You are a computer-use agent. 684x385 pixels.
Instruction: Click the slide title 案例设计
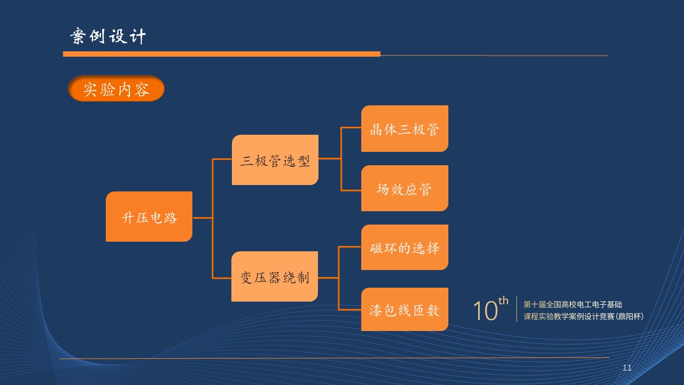[108, 36]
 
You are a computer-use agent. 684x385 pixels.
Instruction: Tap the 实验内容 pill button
[116, 89]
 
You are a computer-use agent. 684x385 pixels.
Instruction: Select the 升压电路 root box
[149, 217]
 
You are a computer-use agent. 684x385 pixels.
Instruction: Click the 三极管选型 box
[275, 160]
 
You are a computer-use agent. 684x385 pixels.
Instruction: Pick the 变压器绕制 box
[275, 276]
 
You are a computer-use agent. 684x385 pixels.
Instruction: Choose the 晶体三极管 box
[405, 129]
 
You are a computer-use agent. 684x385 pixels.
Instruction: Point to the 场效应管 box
[405, 188]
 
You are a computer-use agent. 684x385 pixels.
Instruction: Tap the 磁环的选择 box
[405, 248]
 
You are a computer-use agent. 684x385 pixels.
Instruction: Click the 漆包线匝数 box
[405, 310]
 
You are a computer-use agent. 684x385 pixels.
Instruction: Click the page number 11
[627, 368]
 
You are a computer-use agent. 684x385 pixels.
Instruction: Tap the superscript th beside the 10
[503, 301]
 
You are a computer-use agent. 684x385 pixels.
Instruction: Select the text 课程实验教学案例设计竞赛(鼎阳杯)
[583, 316]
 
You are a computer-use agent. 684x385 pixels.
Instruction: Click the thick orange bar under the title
[221, 54]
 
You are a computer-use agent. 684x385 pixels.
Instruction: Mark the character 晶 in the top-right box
[376, 129]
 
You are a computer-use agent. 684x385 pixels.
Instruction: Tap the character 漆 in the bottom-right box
[376, 310]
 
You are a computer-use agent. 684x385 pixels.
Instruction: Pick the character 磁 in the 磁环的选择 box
[376, 248]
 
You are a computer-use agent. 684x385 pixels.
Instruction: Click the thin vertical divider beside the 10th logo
[517, 309]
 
